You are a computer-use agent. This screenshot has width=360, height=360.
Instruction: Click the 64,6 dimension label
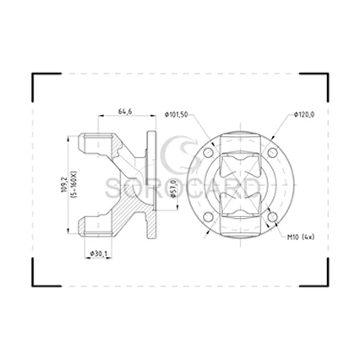click(x=125, y=112)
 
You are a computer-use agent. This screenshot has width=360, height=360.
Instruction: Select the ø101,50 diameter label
click(x=177, y=115)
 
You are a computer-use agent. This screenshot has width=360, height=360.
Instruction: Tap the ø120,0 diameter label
click(x=304, y=114)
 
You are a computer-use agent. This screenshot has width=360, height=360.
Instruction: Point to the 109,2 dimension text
click(x=63, y=185)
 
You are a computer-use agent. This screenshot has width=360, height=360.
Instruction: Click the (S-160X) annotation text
click(x=74, y=185)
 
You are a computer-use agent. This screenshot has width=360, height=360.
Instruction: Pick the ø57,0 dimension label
click(x=174, y=188)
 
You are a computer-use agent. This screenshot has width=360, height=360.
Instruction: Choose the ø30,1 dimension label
click(x=99, y=254)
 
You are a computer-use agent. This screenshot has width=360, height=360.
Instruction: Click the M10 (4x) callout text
click(x=301, y=237)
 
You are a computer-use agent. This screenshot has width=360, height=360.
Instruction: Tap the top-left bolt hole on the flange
click(x=208, y=153)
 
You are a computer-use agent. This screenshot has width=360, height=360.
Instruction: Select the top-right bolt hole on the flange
click(x=272, y=153)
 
